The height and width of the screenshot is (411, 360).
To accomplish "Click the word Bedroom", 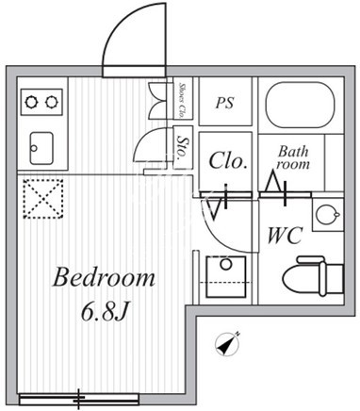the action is coord(104,277).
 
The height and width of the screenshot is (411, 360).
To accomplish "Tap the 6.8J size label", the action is coord(104,312).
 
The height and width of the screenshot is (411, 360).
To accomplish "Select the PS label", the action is coord(225,103).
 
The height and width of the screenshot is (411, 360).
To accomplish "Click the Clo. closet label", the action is coord(227,160).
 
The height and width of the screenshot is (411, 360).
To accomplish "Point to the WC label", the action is coord(285,236).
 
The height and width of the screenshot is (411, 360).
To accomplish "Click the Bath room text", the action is coord(293,157).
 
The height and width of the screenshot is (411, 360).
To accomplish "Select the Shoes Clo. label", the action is coord(182,100).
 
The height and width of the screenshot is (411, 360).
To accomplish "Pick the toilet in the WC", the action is coord(313,276).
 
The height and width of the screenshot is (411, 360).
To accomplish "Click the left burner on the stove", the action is coord(31,102).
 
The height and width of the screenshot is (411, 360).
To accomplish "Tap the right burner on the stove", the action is coord(51,102).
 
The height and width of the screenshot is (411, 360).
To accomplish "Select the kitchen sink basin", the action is coord(41,148).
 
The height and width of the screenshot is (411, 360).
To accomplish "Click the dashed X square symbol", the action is coord(43,198).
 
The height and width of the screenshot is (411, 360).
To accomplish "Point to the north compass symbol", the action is coord(228,344).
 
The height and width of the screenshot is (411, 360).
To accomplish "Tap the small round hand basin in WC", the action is coord(327,215).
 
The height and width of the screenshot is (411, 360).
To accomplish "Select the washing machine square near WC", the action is coord(226,276).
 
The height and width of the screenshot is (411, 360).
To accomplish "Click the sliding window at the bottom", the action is coord(79,400).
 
